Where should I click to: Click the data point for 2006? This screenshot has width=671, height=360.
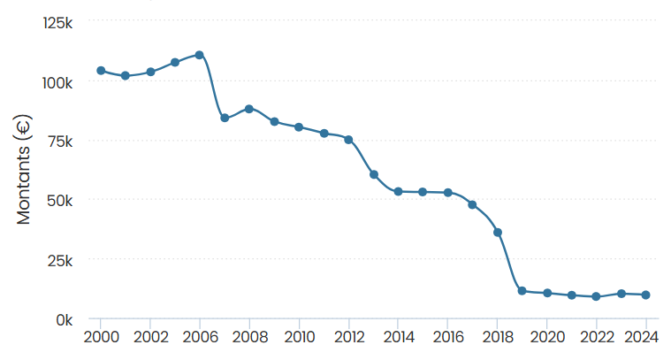pos(200,55)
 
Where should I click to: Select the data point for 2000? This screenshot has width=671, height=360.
pos(101,71)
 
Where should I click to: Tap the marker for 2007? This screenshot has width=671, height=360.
pos(225,118)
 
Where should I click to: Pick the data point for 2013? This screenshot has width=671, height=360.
pos(374,174)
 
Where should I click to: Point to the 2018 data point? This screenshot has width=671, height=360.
pos(498,233)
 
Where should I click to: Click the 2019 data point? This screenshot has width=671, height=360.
pos(522,291)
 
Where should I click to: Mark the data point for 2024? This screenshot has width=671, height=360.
pos(646,295)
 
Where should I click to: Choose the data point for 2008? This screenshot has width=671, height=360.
pos(249,109)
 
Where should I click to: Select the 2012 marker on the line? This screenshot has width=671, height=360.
pos(349,140)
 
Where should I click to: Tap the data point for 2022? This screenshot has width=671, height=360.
pos(597,296)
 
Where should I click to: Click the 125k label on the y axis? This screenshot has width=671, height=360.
pos(57,22)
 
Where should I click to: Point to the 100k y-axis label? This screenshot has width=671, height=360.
pos(57,81)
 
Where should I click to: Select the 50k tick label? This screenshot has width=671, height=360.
pos(61,200)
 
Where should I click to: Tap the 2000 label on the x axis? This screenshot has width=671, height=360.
pos(101,337)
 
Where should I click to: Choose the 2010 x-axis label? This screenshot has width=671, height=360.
pos(299,337)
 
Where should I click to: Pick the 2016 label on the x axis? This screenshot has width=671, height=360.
pos(448,337)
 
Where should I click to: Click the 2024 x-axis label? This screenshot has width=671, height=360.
pos(646,337)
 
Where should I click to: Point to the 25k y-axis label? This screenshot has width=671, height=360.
pos(61,260)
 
